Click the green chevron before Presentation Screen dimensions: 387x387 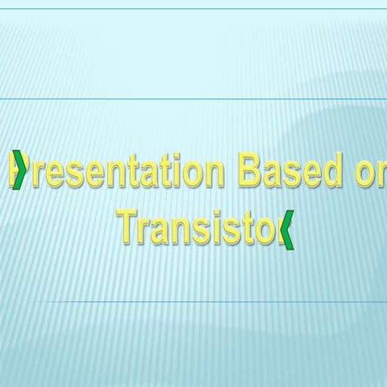click(19, 171)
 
